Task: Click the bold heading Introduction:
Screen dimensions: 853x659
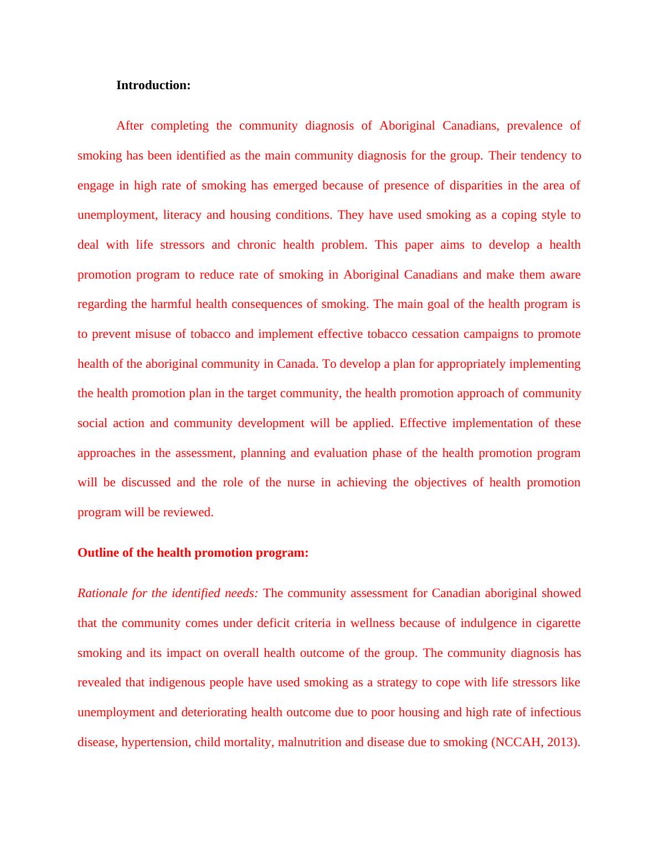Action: (153, 85)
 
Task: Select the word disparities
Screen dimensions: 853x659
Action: (476, 186)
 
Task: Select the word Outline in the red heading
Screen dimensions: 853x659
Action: (96, 553)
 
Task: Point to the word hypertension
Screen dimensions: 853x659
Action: (156, 742)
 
